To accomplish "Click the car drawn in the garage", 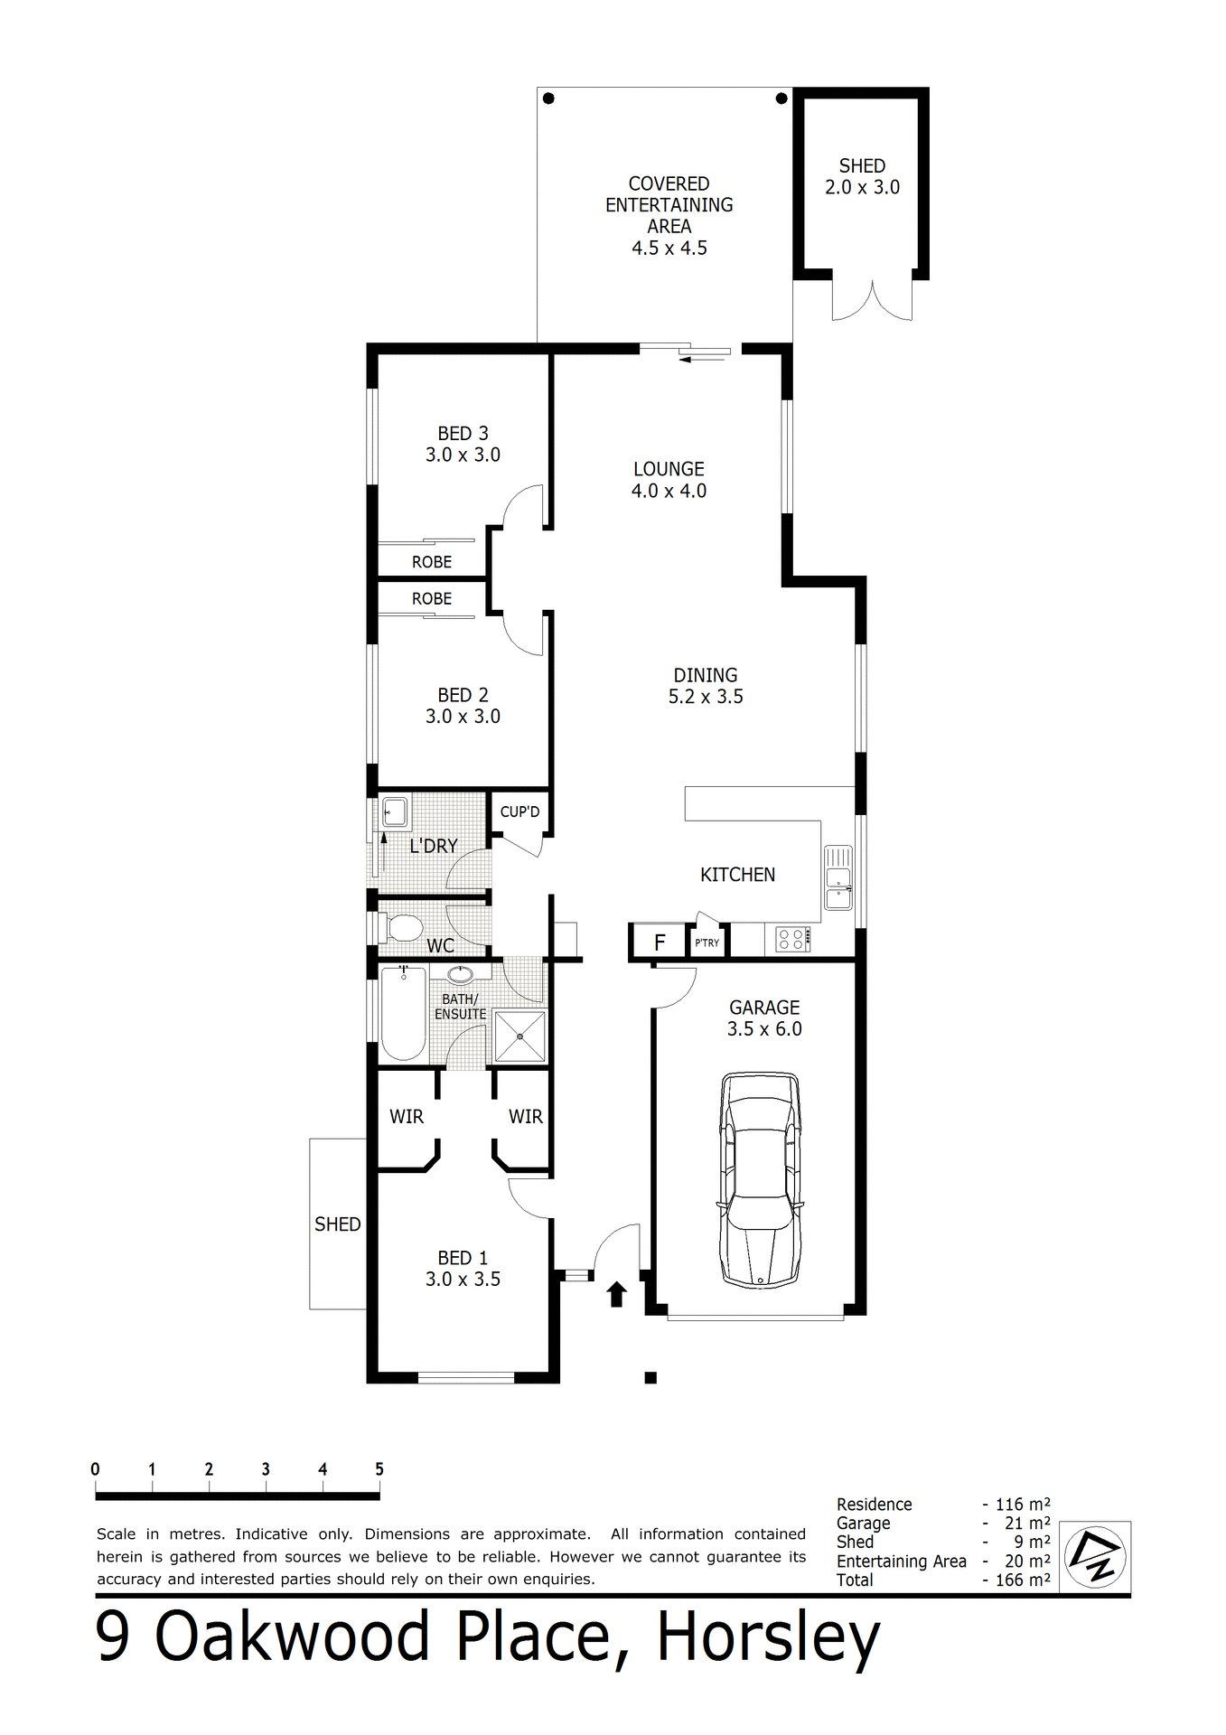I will (x=760, y=1179).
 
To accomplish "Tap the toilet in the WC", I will (x=403, y=928).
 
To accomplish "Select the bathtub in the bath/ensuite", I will (x=403, y=1013).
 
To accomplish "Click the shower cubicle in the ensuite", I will (x=520, y=1036).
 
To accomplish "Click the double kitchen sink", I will (x=838, y=877).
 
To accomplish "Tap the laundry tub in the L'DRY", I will (x=395, y=811).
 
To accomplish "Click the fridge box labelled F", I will (x=660, y=943).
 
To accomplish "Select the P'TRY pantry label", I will (x=707, y=943).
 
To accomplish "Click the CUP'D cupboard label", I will (x=519, y=811).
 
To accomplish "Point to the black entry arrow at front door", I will (x=617, y=1294).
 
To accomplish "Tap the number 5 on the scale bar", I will (x=379, y=1469).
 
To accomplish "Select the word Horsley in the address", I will (x=768, y=1637).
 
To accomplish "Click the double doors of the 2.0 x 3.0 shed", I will (x=872, y=303).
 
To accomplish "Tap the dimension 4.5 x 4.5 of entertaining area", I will (x=669, y=248).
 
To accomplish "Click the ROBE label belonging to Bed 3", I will (x=432, y=562).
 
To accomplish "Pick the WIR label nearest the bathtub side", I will (x=407, y=1117).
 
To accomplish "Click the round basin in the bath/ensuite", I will (x=461, y=975).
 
